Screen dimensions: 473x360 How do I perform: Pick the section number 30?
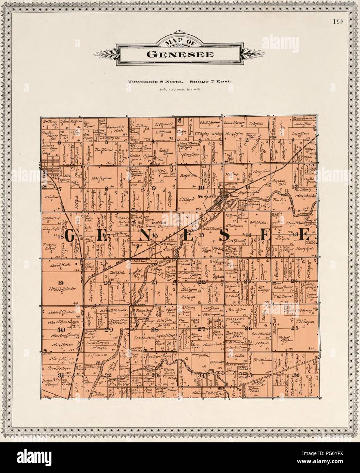pyautogui.click(x=61, y=330)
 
